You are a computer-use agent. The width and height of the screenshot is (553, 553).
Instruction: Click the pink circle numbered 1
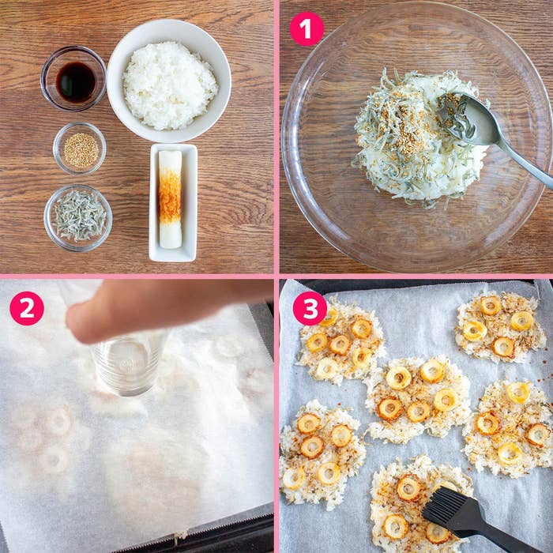click(x=307, y=29)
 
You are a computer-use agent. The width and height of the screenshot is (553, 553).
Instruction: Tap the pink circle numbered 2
click(x=27, y=308)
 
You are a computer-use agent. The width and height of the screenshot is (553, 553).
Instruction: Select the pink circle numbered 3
click(x=310, y=308)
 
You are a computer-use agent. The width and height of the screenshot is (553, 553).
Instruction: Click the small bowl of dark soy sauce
click(x=73, y=79)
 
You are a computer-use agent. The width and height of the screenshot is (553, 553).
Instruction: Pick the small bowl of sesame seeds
click(x=80, y=149)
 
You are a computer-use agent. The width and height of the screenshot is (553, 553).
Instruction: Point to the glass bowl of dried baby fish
click(x=78, y=218)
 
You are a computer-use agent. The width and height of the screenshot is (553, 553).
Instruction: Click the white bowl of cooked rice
click(x=169, y=81)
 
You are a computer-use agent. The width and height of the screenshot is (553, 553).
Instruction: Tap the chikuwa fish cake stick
click(x=170, y=199)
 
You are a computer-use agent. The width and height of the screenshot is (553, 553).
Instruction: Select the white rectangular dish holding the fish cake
click(x=173, y=202)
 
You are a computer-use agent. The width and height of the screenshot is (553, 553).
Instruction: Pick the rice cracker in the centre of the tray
click(x=418, y=399)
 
